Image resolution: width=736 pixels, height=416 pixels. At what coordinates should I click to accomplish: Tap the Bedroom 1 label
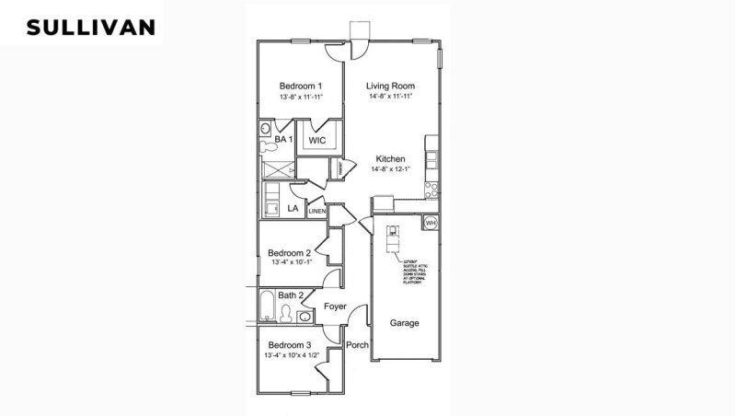pyautogui.click(x=301, y=85)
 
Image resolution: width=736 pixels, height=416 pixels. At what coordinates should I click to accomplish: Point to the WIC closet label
pyautogui.click(x=317, y=141)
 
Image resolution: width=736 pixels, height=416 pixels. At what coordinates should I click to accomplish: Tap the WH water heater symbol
pyautogui.click(x=431, y=223)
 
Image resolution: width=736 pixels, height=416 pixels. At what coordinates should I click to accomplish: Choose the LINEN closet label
pyautogui.click(x=317, y=211)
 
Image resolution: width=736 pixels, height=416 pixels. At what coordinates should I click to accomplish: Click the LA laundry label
pyautogui.click(x=293, y=209)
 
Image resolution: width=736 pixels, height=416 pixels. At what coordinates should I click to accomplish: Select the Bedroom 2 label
pyautogui.click(x=288, y=252)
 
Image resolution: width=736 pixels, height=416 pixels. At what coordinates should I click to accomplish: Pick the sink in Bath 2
pyautogui.click(x=305, y=317)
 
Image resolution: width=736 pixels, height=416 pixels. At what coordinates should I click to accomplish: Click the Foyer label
pyautogui.click(x=337, y=306)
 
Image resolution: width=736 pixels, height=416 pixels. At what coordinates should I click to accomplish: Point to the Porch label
pyautogui.click(x=357, y=345)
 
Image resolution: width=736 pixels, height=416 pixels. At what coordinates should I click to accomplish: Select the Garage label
pyautogui.click(x=404, y=324)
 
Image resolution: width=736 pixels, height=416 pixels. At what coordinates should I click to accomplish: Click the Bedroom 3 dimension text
pyautogui.click(x=292, y=354)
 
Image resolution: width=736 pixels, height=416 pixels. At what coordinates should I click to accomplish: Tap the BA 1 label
pyautogui.click(x=283, y=139)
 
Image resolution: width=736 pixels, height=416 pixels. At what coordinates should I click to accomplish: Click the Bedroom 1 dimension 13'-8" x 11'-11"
pyautogui.click(x=301, y=96)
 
